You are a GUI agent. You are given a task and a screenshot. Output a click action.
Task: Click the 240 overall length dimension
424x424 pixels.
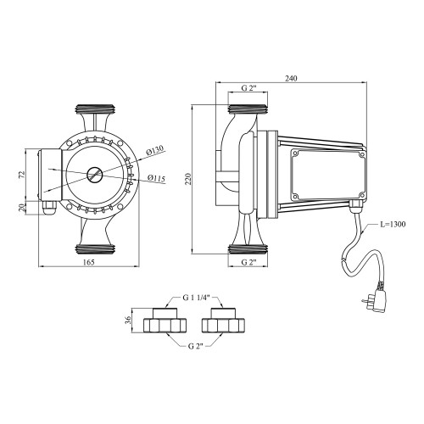(291, 78)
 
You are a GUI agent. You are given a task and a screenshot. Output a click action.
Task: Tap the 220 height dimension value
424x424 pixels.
(188, 179)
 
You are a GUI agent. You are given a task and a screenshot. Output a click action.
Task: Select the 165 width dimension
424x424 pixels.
(89, 262)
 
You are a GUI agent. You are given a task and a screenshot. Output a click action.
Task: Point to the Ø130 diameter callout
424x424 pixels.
(155, 151)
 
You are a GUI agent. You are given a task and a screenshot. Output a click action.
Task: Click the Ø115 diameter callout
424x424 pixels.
(156, 178)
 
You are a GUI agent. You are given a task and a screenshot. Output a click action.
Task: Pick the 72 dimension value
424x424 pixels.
(22, 175)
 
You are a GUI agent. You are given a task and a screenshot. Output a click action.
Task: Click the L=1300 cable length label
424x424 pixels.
(392, 225)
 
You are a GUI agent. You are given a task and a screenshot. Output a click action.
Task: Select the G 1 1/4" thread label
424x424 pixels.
(195, 298)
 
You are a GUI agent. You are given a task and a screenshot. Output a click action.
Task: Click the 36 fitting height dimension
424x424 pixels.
(128, 320)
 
